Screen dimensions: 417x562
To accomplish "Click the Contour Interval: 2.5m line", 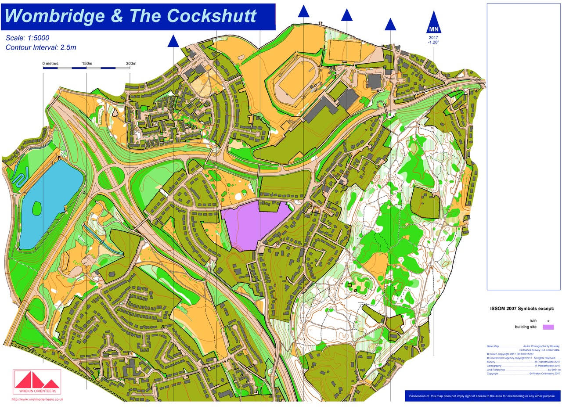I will click(x=41, y=47).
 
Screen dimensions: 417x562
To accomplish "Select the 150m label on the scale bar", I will click(x=87, y=64).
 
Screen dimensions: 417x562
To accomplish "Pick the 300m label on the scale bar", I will click(x=131, y=64).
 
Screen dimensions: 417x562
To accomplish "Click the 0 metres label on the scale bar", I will click(x=50, y=64).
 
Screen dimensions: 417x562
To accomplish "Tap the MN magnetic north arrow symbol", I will click(x=434, y=24).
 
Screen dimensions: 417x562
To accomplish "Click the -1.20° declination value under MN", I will click(x=434, y=43).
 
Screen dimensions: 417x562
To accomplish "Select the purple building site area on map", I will click(x=255, y=224).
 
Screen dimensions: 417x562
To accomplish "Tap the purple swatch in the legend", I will click(x=548, y=327).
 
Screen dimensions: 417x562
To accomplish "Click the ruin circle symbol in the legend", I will click(x=548, y=321).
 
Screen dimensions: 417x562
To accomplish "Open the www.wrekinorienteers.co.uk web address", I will click(x=37, y=399).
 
